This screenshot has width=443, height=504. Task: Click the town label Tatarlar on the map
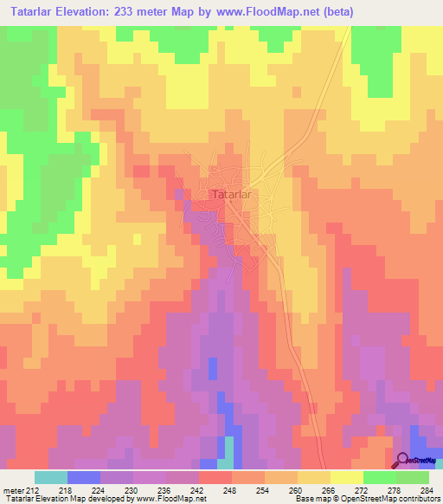(x=231, y=195)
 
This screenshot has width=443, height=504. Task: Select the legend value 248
(x=231, y=489)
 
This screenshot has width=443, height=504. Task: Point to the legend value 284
(x=428, y=489)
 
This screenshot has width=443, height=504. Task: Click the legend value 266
(x=330, y=489)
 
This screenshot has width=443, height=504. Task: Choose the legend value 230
(x=132, y=489)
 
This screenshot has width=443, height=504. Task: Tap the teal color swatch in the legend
(x=51, y=477)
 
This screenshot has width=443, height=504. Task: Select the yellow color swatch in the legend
(x=346, y=477)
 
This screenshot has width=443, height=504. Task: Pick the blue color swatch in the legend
(x=84, y=477)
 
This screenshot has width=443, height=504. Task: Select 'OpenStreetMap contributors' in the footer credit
(x=391, y=500)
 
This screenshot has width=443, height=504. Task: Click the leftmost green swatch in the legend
(x=379, y=477)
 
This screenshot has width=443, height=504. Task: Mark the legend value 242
(x=198, y=489)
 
